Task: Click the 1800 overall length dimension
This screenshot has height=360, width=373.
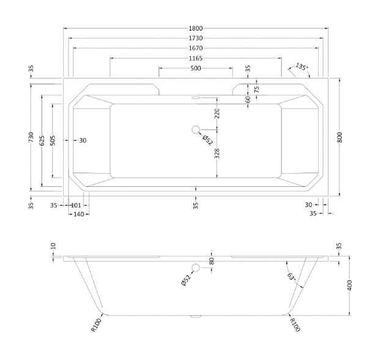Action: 196,28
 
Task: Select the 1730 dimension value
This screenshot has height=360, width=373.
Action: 196,38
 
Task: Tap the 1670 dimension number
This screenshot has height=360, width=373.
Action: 196,48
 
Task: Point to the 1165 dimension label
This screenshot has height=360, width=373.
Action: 196,58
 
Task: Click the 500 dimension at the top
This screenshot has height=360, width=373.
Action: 196,69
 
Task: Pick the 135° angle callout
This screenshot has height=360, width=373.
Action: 301,67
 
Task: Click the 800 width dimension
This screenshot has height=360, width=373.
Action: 339,137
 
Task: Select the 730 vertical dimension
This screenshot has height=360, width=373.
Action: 31,138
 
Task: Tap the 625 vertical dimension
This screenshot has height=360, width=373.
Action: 42,141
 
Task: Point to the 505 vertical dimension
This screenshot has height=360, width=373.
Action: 53,141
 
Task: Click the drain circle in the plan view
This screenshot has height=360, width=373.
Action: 196,130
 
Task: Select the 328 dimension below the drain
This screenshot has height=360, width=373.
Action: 217,154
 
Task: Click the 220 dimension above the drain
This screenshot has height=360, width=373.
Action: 217,113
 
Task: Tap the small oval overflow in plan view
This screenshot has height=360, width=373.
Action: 196,98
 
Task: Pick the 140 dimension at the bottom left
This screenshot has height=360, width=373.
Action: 79,214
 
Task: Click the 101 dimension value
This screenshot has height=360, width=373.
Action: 76,205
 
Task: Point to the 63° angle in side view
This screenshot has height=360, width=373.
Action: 292,277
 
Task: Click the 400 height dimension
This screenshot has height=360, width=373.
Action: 349,285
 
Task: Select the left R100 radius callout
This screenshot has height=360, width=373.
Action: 97,325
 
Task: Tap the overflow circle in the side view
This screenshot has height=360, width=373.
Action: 196,268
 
